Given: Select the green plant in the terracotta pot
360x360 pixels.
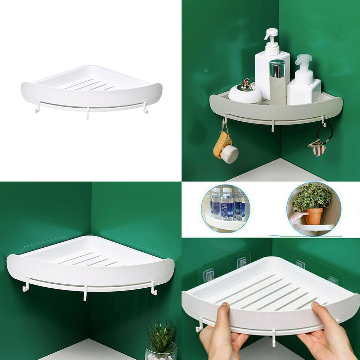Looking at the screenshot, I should pos(312,196).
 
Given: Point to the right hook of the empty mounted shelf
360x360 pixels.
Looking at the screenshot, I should pos(154,288).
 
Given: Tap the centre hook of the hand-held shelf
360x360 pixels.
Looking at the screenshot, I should pos(274,338).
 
